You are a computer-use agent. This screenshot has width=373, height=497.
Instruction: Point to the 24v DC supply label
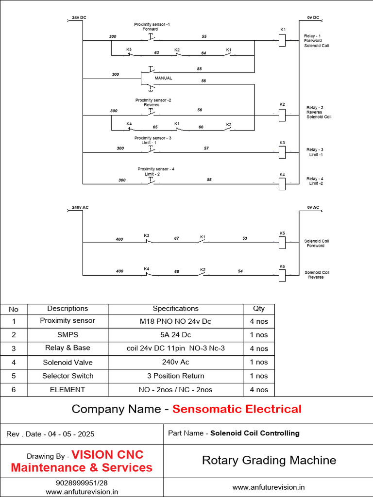(x=79, y=17)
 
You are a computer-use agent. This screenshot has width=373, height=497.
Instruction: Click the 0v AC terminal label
(x=313, y=207)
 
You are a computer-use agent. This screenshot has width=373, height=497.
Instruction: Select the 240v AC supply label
(x=80, y=207)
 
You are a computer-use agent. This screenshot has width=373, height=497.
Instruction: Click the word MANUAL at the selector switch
(x=163, y=78)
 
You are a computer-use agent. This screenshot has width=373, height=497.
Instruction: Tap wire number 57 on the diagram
(x=206, y=148)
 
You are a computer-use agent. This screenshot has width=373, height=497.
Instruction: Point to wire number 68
(x=177, y=271)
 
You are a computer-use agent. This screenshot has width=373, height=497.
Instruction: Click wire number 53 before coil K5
(x=245, y=238)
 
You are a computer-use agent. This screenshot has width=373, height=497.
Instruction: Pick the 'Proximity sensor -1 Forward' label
(x=152, y=26)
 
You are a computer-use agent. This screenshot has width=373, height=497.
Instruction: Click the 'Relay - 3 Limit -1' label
(x=316, y=152)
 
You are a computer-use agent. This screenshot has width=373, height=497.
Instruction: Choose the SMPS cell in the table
(x=68, y=335)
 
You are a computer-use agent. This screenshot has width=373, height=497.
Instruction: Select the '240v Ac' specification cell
(x=175, y=362)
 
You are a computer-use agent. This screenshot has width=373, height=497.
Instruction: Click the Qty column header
(x=259, y=309)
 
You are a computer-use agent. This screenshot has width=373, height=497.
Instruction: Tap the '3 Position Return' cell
(x=175, y=376)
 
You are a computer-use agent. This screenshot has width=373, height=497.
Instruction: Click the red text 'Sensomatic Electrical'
(x=237, y=409)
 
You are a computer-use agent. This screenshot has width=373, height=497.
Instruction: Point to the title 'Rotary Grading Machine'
(x=269, y=461)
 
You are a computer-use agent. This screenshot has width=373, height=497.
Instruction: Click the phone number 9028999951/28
(x=82, y=483)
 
